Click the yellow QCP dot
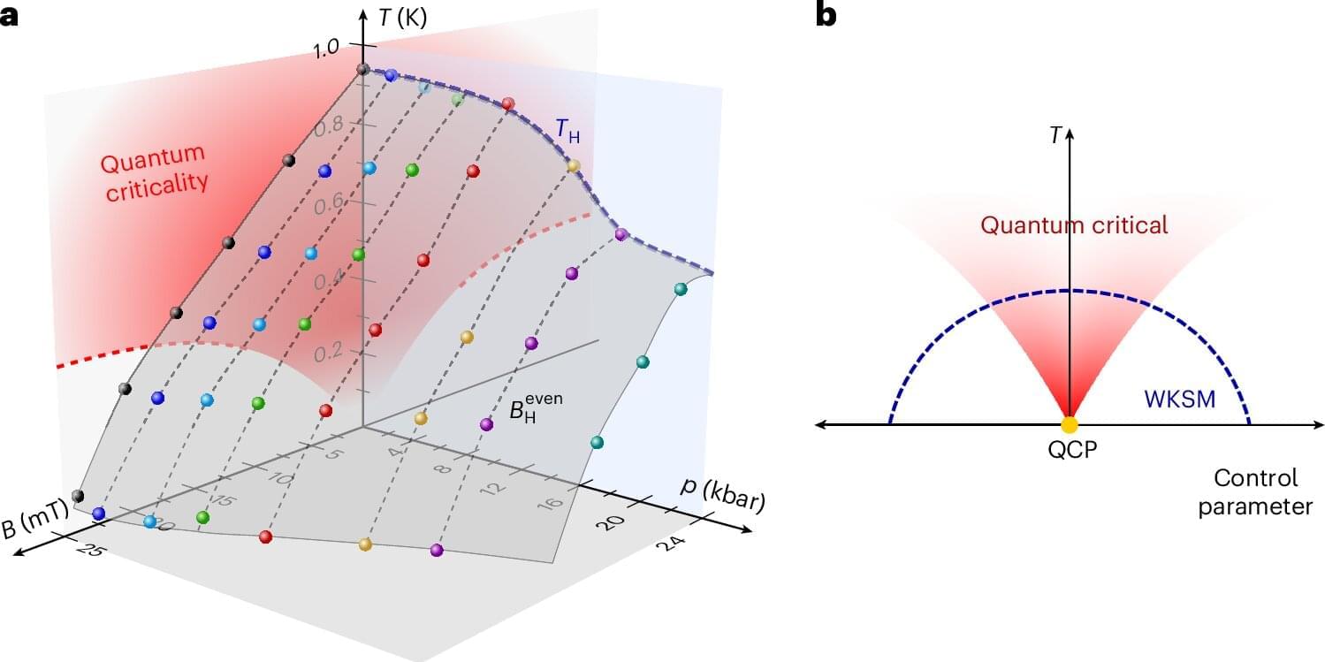(x=1070, y=424)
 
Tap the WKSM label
(x=1179, y=399)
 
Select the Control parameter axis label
(x=1255, y=493)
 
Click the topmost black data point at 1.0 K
(x=362, y=69)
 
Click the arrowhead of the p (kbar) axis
(x=749, y=529)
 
